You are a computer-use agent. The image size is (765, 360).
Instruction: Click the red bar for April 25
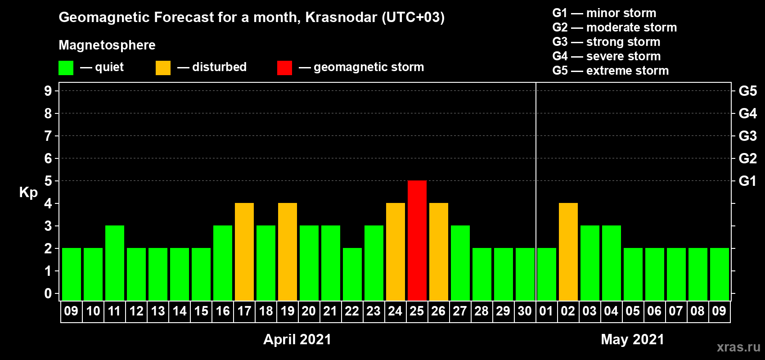[417, 240]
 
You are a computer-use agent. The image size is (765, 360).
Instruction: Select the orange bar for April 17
[244, 252]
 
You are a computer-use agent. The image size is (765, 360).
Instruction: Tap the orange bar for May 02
[568, 252]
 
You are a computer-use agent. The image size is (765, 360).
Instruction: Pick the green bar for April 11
[115, 263]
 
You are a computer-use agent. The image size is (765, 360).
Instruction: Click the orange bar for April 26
[438, 252]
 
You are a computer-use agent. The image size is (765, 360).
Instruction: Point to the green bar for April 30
[525, 274]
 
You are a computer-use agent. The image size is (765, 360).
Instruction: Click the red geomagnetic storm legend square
[284, 67]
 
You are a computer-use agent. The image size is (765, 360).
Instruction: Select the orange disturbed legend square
[163, 67]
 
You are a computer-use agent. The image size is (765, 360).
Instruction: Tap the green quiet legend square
[66, 67]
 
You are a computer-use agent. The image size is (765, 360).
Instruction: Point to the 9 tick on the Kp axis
[48, 91]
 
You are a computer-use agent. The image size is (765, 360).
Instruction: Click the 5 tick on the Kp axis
[48, 181]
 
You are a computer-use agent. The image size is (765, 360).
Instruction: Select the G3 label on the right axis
[747, 136]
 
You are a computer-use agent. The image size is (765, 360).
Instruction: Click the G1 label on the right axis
[747, 181]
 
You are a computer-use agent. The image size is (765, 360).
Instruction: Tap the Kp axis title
[28, 193]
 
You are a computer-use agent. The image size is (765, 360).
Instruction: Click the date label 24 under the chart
[395, 311]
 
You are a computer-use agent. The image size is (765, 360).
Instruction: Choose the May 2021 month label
[633, 339]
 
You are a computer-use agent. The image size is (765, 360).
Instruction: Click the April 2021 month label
[297, 339]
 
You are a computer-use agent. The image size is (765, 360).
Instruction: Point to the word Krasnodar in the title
[341, 17]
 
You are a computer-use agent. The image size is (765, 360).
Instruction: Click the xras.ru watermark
[738, 347]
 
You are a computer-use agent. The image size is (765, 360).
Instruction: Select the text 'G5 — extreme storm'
[611, 71]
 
